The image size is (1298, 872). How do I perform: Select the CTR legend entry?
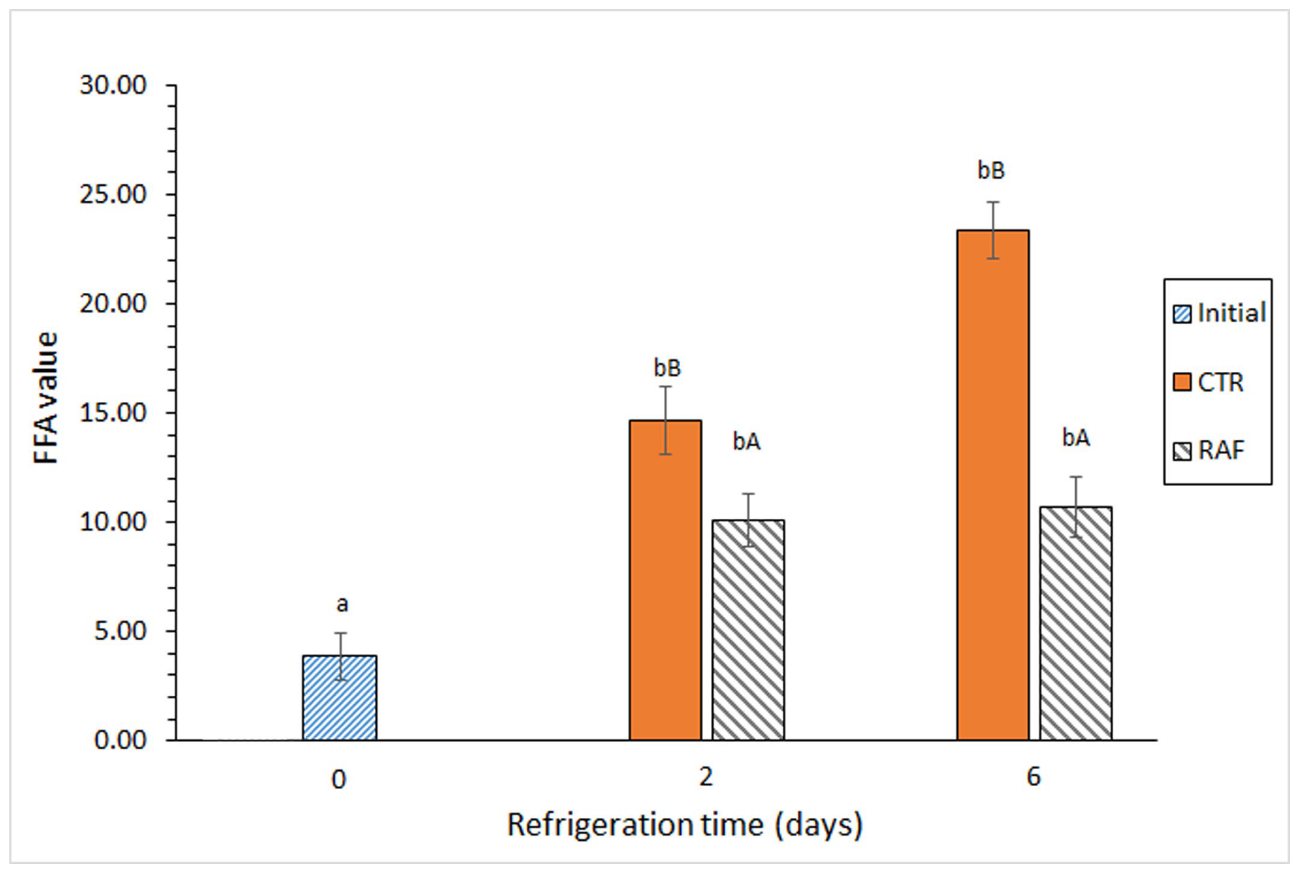pyautogui.click(x=1209, y=382)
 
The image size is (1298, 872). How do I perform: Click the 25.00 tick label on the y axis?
pyautogui.click(x=113, y=195)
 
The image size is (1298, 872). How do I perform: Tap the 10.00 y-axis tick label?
pyautogui.click(x=113, y=522)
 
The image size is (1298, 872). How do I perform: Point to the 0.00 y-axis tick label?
pyautogui.click(x=120, y=740)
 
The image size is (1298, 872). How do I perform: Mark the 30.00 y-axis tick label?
pyautogui.click(x=113, y=86)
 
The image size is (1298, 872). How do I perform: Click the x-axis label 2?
pyautogui.click(x=705, y=777)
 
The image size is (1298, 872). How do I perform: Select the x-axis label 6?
pyautogui.click(x=1033, y=777)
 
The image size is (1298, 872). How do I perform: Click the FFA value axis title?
pyautogui.click(x=46, y=398)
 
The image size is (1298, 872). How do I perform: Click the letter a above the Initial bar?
pyautogui.click(x=342, y=604)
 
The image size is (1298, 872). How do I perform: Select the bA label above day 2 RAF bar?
pyautogui.click(x=746, y=442)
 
